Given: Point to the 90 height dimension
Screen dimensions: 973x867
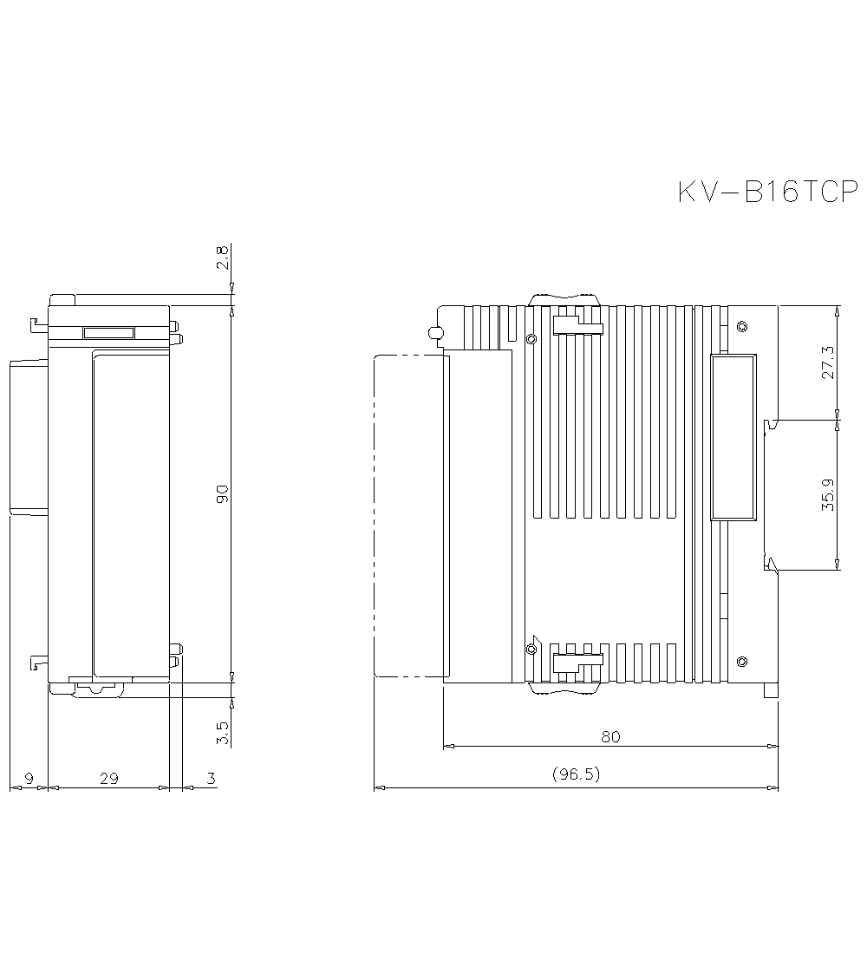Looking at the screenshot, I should (x=223, y=494).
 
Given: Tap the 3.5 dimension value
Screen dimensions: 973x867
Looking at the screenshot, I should (x=223, y=733).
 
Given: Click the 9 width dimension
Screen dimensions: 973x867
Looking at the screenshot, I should (x=29, y=779).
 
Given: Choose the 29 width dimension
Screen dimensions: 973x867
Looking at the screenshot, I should (x=108, y=779).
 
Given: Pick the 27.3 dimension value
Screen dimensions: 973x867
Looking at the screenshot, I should (x=828, y=362).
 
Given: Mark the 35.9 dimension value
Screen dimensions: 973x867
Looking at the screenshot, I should (x=828, y=494).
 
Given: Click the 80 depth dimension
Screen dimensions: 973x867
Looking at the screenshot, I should (x=610, y=737).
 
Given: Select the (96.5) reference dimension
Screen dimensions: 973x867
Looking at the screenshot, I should (x=576, y=774).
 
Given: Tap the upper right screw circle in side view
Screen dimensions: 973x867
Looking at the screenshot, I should (x=741, y=327).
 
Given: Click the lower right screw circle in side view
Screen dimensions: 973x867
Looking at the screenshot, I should (x=741, y=663).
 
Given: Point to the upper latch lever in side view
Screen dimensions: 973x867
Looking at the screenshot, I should (x=577, y=325).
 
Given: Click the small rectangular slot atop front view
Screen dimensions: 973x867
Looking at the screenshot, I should (x=108, y=333).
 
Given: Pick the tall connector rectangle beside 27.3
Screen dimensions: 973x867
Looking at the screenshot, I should (x=733, y=437).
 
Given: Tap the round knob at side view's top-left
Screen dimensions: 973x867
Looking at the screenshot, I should (x=435, y=332).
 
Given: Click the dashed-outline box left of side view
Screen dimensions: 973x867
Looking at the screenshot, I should (x=407, y=516).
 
